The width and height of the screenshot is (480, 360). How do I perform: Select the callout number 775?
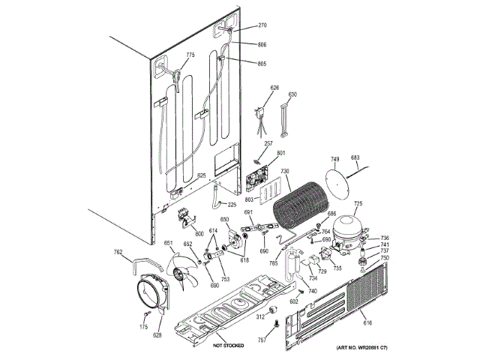pyautogui.click(x=190, y=55)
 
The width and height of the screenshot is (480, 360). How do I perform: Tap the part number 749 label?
pyautogui.click(x=335, y=159)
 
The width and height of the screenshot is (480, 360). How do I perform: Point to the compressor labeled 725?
pyautogui.click(x=348, y=228)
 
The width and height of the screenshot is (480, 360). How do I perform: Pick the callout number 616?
pyautogui.click(x=367, y=322)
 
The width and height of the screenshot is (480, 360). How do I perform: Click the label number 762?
pyautogui.click(x=118, y=252)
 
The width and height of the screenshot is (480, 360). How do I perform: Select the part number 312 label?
pyautogui.click(x=260, y=318)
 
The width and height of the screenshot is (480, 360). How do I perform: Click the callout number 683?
pyautogui.click(x=355, y=158)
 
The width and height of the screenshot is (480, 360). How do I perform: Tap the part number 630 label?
pyautogui.click(x=292, y=94)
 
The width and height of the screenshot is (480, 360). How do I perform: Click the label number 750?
pyautogui.click(x=385, y=258)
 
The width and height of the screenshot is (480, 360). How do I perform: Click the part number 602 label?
pyautogui.click(x=294, y=301)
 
